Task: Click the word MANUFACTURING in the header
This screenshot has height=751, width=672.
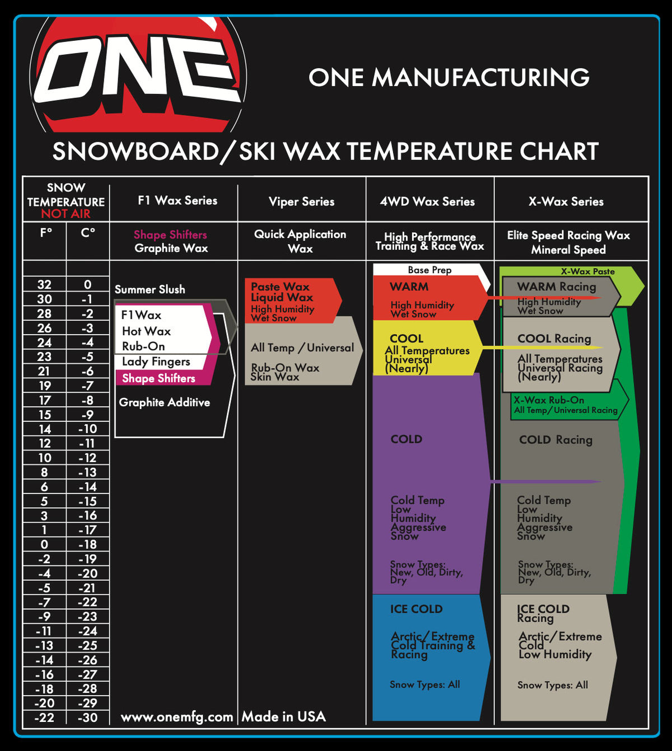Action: tap(480, 78)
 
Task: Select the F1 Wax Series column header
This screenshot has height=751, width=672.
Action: tap(178, 200)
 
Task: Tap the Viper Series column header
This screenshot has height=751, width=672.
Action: tap(301, 201)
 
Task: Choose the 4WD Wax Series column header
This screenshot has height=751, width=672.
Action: tap(427, 201)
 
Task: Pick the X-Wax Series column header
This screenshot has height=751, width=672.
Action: tap(566, 201)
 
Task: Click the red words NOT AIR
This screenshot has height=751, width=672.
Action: tap(66, 214)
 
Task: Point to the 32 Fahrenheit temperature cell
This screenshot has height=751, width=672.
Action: tap(44, 284)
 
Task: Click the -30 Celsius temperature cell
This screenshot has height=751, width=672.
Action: tap(87, 717)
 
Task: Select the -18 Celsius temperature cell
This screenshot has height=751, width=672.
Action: tap(87, 545)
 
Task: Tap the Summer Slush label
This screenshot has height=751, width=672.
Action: tap(150, 289)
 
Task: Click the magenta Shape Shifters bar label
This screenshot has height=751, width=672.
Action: tap(158, 378)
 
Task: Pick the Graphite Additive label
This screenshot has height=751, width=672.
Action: tap(164, 402)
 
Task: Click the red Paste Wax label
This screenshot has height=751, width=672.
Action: tap(280, 287)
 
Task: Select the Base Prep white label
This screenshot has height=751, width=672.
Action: tap(430, 270)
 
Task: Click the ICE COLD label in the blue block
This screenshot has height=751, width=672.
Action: tap(416, 609)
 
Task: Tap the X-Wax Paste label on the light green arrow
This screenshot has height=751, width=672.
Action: tap(587, 271)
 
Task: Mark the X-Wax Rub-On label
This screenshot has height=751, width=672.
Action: tap(549, 400)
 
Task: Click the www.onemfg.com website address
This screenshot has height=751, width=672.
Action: tap(176, 717)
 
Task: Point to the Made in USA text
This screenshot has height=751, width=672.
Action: tap(283, 716)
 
